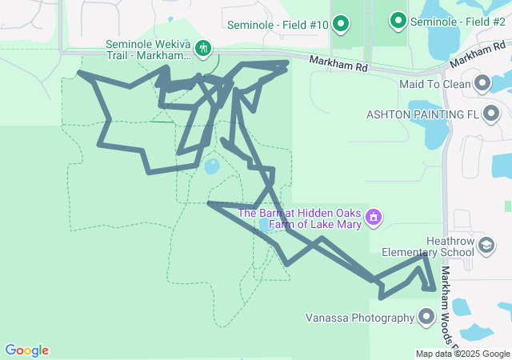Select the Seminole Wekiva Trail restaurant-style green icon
click(x=203, y=49)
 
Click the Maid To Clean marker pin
click(x=482, y=83)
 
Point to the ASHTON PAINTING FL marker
click(x=489, y=114)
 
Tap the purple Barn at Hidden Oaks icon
click(x=373, y=217)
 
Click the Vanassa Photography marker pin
click(x=426, y=318)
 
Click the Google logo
click(x=27, y=350)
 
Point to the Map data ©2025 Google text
click(x=462, y=354)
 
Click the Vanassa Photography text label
click(x=359, y=318)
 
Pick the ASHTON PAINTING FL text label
click(x=422, y=114)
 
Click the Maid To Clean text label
click(x=437, y=83)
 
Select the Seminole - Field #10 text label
click(x=278, y=25)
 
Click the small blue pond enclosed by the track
click(x=212, y=166)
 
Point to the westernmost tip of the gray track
click(x=78, y=73)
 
